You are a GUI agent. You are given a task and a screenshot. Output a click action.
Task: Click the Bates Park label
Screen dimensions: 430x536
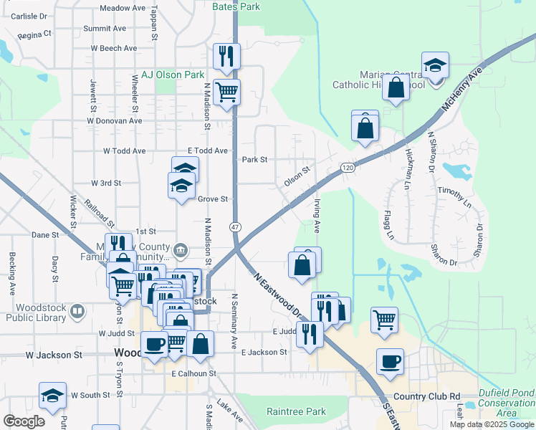coord(236,6)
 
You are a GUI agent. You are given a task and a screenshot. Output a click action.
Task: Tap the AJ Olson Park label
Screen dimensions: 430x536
coord(173,75)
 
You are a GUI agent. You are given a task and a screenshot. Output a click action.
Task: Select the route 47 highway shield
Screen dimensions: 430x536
coord(234,226)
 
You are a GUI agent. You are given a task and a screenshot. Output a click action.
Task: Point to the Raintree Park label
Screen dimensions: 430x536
coord(296,411)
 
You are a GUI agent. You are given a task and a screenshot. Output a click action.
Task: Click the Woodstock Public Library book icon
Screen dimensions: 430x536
coord(77,312)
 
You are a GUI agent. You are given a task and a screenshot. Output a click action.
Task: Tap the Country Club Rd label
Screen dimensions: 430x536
coord(426,396)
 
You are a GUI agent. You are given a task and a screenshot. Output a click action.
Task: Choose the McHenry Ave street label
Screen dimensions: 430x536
coord(464,89)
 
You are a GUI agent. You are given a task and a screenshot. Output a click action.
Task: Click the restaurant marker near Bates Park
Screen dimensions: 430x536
coord(227,56)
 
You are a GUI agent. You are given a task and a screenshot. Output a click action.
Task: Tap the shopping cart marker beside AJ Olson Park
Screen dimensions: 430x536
coord(227,92)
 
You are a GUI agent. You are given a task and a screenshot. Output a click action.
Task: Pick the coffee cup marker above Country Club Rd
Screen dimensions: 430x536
coord(390,362)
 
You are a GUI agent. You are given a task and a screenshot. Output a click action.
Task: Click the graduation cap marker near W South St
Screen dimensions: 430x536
coord(52,396)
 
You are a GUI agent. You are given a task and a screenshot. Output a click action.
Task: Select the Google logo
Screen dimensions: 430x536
coord(24,422)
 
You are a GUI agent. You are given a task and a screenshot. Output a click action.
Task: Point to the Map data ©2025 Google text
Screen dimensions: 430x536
coord(491,424)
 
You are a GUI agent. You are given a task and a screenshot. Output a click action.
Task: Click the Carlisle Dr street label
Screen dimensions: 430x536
coord(29,15)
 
